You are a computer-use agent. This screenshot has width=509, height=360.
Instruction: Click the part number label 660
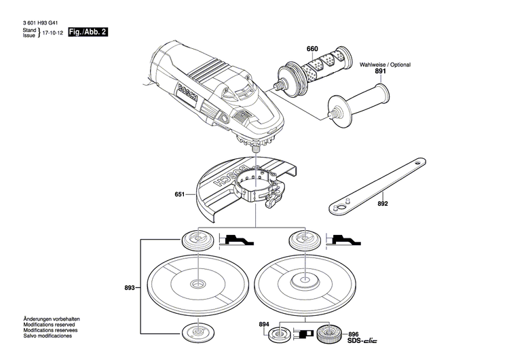pyautogui.click(x=312, y=49)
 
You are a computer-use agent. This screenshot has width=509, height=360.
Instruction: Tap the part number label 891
pyautogui.click(x=381, y=71)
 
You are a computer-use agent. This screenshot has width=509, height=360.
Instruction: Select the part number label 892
pyautogui.click(x=383, y=202)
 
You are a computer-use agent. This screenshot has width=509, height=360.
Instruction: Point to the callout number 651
pyautogui.click(x=180, y=195)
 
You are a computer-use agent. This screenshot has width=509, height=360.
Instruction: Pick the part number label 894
pyautogui.click(x=264, y=325)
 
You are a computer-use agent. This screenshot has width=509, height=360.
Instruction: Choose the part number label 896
pyautogui.click(x=353, y=334)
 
